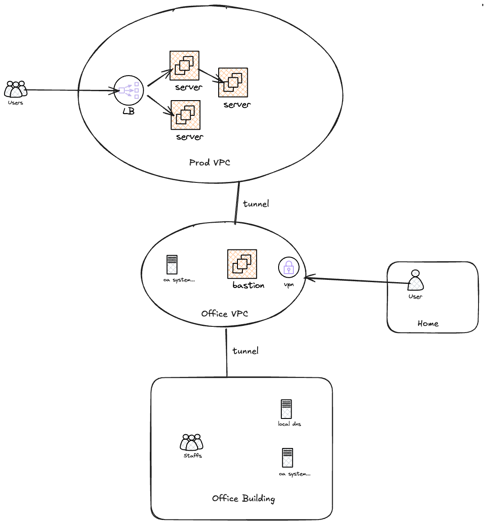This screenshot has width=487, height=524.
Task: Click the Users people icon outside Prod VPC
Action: [16, 89]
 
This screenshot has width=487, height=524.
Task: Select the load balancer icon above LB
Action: [129, 90]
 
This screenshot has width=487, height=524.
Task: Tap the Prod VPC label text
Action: [210, 162]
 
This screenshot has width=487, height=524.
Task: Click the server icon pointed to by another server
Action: [233, 82]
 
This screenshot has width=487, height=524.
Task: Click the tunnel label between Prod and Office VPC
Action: [256, 204]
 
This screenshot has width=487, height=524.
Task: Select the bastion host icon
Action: [242, 264]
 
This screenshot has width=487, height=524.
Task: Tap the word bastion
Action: [248, 285]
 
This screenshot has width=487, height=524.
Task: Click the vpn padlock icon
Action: [289, 267]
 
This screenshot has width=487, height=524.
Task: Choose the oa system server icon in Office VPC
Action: [172, 265]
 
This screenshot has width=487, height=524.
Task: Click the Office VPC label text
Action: [224, 313]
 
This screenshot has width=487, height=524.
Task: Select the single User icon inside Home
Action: [415, 281]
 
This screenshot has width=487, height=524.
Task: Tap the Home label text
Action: [428, 323]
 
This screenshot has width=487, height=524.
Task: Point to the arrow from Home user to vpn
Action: [358, 281]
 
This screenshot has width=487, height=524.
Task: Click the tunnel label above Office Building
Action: [246, 351]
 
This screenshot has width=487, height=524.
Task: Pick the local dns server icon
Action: [286, 409]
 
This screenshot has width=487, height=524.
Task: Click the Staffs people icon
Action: [192, 443]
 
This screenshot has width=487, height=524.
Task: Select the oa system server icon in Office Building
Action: [287, 458]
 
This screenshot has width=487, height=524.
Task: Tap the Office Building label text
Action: [243, 498]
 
